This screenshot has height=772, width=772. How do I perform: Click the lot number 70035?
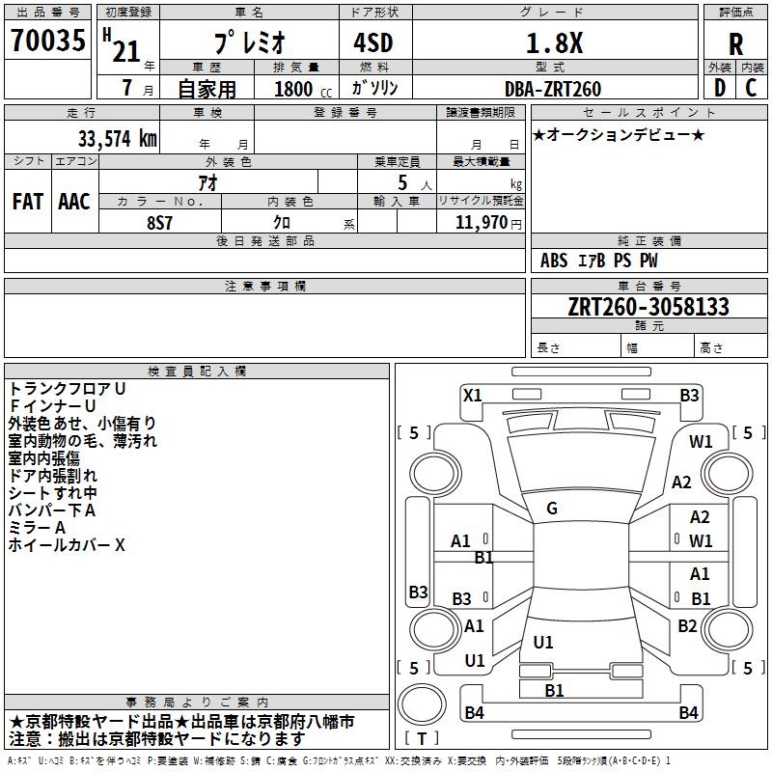coord(47,40)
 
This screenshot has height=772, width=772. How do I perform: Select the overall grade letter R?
coord(735,44)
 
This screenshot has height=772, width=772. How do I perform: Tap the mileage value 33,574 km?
coord(117,139)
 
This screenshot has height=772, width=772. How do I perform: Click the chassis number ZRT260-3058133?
coord(648,307)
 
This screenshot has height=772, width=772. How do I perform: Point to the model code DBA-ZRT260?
coord(553,89)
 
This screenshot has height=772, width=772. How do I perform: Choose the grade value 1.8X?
coord(554,43)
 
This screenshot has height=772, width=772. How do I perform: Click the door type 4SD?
coord(373,42)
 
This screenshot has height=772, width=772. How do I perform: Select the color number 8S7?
coord(159,223)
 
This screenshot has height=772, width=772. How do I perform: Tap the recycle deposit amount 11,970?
coord(481,223)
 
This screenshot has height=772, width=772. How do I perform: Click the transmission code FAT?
coord(28,202)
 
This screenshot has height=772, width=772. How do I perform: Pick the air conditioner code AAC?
coord(74,202)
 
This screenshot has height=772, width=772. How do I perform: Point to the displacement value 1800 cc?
coord(303,89)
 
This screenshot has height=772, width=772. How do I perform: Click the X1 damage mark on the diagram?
coord(472,395)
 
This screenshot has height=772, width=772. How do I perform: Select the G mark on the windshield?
coord(552,509)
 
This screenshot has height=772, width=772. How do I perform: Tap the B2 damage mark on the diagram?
coord(687,625)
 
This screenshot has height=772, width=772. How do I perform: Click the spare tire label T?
coord(422,738)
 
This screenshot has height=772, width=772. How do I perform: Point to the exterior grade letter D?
coord(720,88)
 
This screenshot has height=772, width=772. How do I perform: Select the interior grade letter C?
coord(751,88)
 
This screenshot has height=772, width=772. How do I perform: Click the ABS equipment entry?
coord(554,261)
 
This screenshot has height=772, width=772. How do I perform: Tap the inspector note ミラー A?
coord(37,528)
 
